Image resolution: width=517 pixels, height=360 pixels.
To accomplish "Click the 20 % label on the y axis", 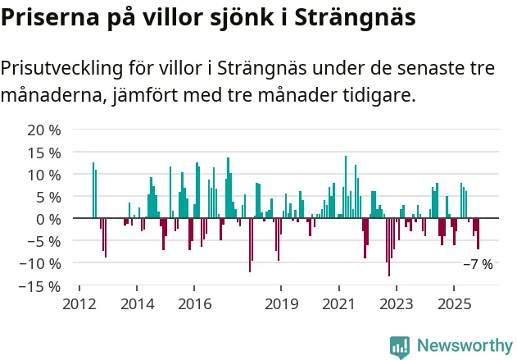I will pos(44,130).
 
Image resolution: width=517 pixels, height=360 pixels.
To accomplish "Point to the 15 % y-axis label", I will pos(44,153).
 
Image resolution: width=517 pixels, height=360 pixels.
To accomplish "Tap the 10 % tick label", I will pos(44,175).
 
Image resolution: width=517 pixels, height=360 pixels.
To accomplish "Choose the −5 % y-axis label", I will pos(44,241).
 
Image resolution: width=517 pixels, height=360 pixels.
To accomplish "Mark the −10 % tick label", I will pos(40,263).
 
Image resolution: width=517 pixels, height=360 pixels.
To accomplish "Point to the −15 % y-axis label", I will pos(40,286).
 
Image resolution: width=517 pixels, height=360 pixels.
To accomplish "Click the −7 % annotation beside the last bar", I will pos(478,265).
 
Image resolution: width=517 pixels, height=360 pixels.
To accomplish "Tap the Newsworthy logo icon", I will pos(400,346).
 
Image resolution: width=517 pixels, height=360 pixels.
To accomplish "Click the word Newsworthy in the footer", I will pos(465,346).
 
